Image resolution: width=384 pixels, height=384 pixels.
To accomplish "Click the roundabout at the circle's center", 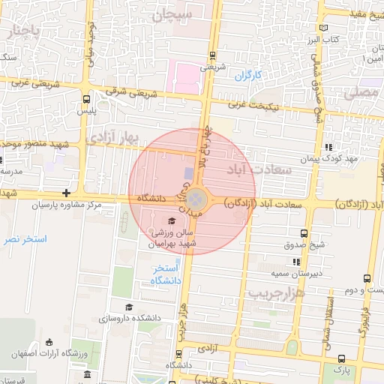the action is click(x=197, y=199).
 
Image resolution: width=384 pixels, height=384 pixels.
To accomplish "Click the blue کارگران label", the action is click(x=246, y=76).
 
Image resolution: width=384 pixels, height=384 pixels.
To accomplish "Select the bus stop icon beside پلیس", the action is click(x=87, y=98).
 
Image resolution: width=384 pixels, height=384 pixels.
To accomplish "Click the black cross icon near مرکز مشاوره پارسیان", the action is click(x=67, y=193).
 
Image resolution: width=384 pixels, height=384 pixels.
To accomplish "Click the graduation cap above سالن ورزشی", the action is click(x=171, y=220).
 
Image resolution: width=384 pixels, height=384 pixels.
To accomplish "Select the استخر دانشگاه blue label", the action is click(x=166, y=274).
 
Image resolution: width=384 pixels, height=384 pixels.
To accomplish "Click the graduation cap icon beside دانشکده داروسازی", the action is click(x=129, y=307).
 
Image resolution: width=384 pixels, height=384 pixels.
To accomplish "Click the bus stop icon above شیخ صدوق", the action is click(x=304, y=234).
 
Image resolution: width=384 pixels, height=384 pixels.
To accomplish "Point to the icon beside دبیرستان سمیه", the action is click(x=297, y=262).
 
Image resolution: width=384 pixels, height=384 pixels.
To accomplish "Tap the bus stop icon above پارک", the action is click(x=342, y=360).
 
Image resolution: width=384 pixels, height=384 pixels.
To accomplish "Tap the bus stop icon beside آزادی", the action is click(x=178, y=353).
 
